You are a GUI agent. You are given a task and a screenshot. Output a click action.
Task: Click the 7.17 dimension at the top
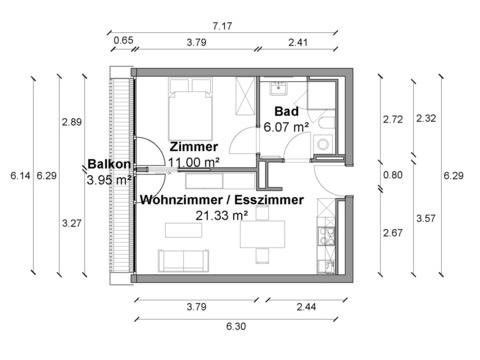click(222, 26)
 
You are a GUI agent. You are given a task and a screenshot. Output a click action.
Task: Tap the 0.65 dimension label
click(123, 40)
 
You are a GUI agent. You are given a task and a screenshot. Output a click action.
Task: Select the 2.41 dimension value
click(298, 42)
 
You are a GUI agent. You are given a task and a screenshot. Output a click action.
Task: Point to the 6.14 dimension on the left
click(20, 175)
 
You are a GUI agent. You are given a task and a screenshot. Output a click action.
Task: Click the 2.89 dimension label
click(72, 122)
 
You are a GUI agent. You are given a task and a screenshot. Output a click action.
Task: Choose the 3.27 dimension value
click(72, 223)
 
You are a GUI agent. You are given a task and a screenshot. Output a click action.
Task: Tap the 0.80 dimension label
click(393, 175)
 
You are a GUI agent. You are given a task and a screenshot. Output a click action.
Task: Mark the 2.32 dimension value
click(426, 118)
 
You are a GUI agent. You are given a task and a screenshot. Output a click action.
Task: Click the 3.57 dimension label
click(426, 218)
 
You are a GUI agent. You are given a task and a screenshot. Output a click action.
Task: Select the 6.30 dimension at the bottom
click(236, 326)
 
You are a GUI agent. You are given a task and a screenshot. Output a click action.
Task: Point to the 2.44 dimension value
click(306, 307)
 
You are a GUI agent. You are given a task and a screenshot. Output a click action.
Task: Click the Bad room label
click(286, 111)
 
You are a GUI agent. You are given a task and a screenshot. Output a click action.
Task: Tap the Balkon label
click(109, 164)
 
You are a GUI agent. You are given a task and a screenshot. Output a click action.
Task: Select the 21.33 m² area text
click(222, 216)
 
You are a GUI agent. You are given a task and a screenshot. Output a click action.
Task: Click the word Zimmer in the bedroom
click(194, 146)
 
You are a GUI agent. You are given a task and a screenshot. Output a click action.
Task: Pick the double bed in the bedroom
click(190, 109)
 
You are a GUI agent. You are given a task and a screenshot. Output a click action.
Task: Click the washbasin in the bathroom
click(278, 88)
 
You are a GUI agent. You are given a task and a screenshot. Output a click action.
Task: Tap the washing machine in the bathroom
click(323, 144)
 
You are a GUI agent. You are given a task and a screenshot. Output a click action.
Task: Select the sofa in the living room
click(183, 260)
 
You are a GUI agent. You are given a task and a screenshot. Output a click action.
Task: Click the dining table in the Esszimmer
click(263, 234)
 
